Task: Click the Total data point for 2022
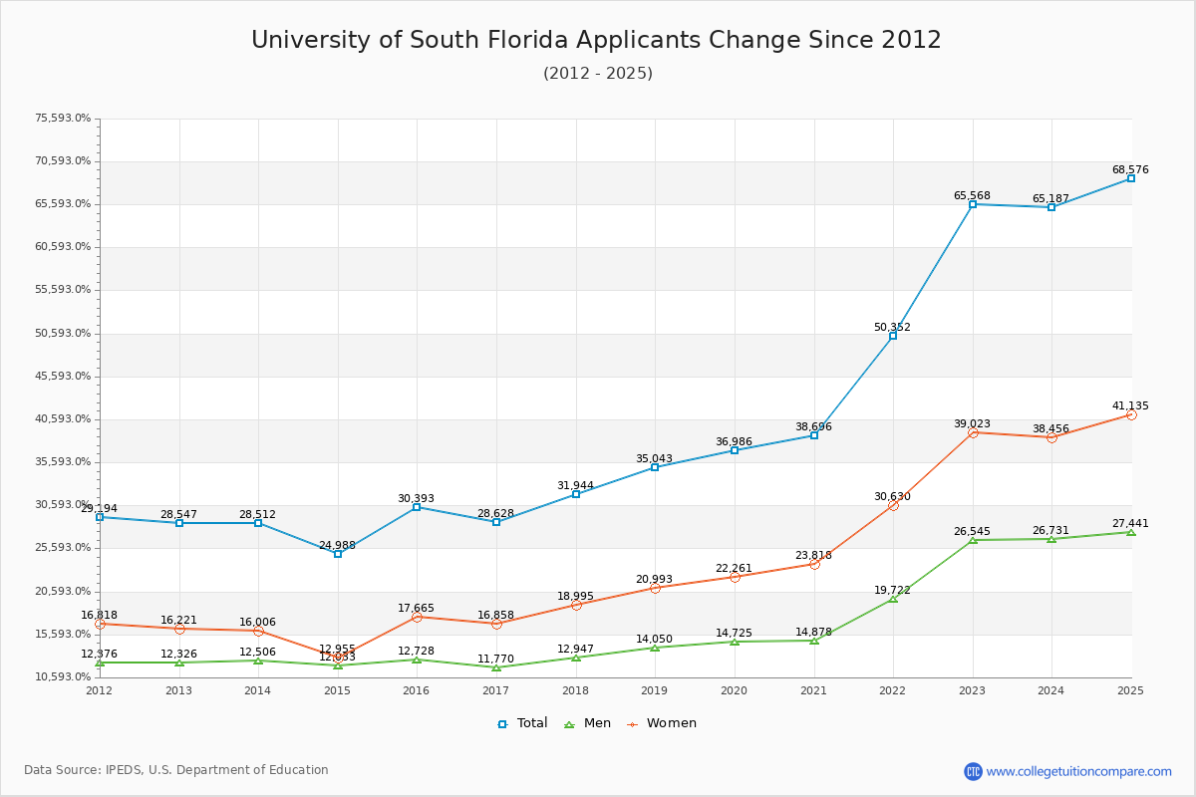pos(893,336)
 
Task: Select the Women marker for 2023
pos(973,432)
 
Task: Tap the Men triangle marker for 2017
pos(496,667)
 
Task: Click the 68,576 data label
pos(1130,170)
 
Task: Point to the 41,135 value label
pos(1130,406)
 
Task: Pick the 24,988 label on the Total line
pos(337,546)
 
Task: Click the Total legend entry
pos(522,723)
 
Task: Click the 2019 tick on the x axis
pos(655,690)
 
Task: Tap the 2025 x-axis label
pos(1130,690)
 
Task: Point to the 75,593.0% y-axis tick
pos(63,119)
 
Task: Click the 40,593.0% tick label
pos(63,419)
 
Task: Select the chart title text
pos(596,40)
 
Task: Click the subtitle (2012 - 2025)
pos(597,74)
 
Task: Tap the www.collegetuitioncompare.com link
pos(1078,771)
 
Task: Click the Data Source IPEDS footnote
pos(176,770)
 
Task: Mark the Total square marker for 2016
pos(417,507)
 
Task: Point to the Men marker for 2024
pos(1051,539)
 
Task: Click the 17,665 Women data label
pos(416,609)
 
